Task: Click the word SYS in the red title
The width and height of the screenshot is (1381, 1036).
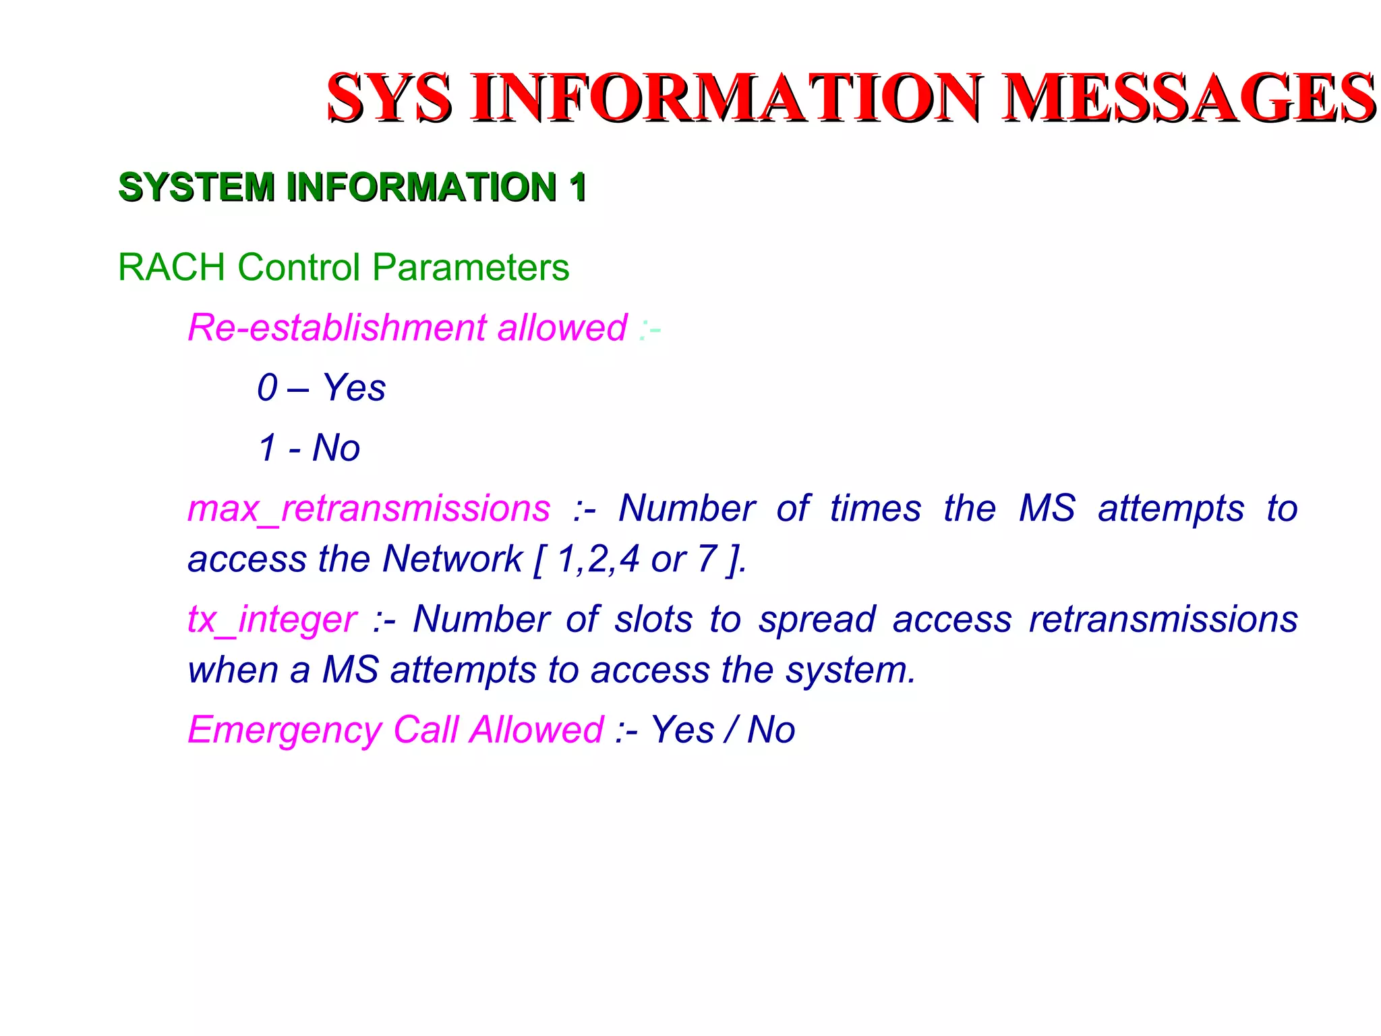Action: (389, 98)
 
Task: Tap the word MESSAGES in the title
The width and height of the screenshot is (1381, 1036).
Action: (1187, 98)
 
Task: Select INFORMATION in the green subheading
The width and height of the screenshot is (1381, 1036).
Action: (421, 187)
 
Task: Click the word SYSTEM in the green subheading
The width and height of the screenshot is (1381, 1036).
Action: (196, 187)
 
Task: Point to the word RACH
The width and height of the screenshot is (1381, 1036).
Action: (171, 267)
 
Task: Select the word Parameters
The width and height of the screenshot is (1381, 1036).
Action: (470, 267)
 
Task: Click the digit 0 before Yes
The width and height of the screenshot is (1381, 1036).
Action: (267, 388)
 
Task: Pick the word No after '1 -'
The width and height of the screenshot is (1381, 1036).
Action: (336, 448)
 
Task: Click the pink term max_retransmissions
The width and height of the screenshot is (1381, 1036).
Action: (368, 509)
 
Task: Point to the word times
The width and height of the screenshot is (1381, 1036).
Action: (875, 509)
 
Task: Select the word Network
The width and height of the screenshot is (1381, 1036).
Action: (452, 559)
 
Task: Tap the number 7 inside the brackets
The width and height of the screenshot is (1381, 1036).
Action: (707, 559)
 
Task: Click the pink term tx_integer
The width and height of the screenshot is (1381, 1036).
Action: (272, 620)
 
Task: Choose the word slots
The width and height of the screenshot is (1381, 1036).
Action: (653, 620)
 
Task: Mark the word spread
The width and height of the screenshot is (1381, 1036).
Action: (817, 620)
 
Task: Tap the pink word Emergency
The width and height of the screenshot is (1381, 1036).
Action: (285, 730)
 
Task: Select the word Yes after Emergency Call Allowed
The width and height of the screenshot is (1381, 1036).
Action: (682, 730)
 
